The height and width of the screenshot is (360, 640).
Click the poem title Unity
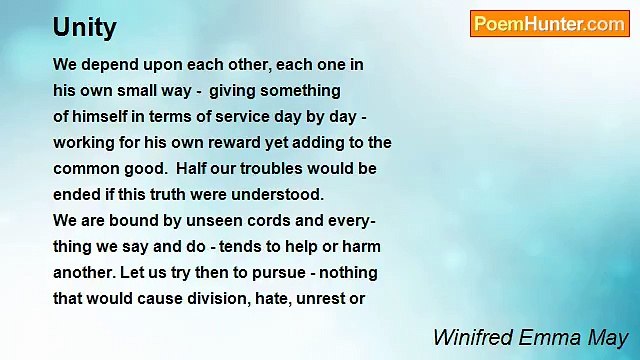[85, 28]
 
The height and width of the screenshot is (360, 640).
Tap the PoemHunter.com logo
[549, 24]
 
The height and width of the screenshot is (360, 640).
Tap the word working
[85, 143]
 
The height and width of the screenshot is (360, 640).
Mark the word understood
[281, 195]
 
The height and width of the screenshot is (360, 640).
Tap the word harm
[360, 247]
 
